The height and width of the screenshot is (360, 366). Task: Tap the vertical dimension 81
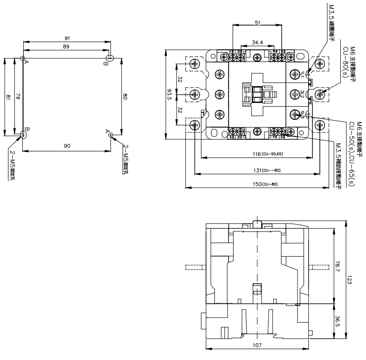[7, 97]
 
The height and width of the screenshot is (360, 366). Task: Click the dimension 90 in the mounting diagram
[67, 146]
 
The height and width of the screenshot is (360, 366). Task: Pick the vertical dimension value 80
[125, 97]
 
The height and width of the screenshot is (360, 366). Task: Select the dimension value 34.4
[257, 42]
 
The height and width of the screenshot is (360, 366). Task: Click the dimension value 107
[257, 346]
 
